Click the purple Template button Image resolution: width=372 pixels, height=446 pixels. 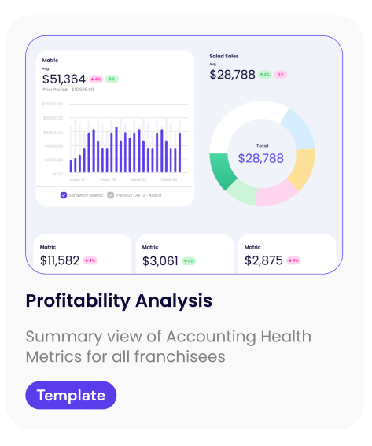[x=71, y=395]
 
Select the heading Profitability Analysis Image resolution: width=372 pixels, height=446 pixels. [x=119, y=300]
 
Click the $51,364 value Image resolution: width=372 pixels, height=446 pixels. [x=64, y=79]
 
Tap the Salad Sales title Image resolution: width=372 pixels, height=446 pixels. [x=224, y=56]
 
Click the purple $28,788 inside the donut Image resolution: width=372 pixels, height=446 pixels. [x=261, y=158]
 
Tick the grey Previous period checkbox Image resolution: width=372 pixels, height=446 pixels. [x=111, y=194]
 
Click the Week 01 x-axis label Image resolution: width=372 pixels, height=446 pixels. [x=77, y=180]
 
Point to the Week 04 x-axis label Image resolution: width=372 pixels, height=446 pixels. [x=169, y=180]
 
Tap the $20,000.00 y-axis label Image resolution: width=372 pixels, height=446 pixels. [x=53, y=104]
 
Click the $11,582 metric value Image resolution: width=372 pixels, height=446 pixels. [x=60, y=260]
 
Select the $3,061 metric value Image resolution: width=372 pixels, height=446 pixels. [x=160, y=260]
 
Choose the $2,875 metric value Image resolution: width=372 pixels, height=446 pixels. [x=263, y=260]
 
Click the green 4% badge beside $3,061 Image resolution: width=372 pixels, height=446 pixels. [x=189, y=260]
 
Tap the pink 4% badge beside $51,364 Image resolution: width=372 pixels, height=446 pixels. [x=96, y=79]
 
